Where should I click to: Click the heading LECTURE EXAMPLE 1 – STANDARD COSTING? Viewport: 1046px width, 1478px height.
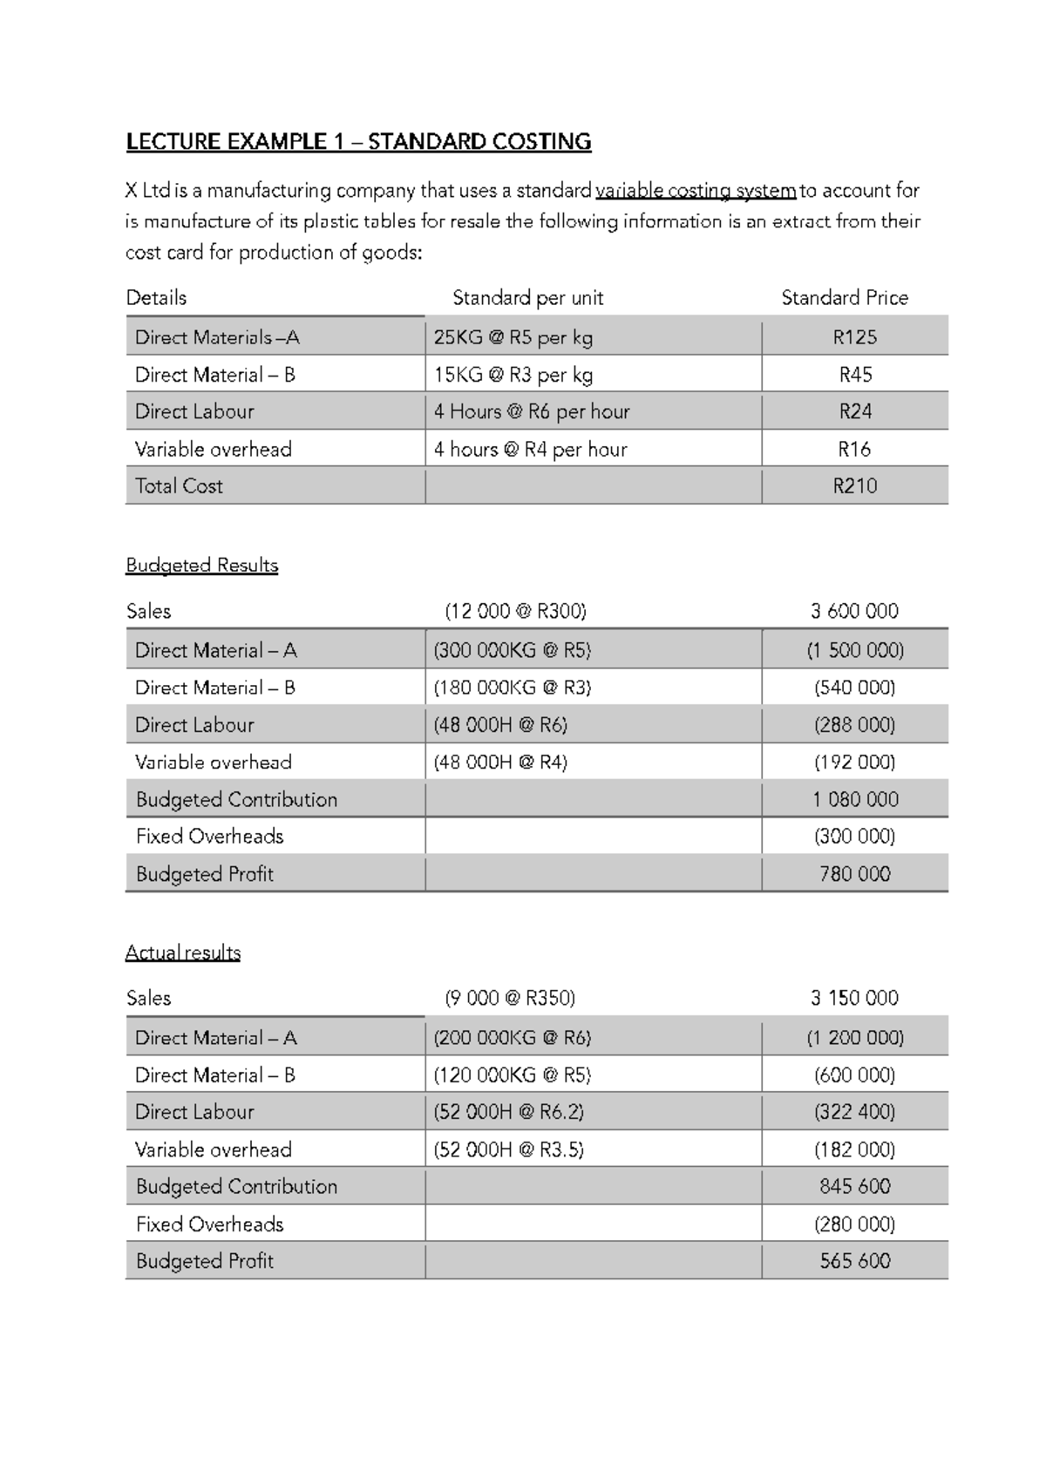click(358, 142)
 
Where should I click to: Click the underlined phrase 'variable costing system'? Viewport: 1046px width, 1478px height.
click(695, 191)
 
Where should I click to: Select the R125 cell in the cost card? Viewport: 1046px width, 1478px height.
click(854, 337)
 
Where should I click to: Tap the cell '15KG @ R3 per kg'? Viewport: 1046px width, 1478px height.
click(513, 375)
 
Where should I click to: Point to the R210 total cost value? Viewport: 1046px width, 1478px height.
click(854, 486)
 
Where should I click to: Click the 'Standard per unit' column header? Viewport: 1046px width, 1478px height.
click(527, 298)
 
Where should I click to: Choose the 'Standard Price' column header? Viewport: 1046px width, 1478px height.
click(844, 298)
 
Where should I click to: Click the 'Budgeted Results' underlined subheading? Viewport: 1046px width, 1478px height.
click(201, 566)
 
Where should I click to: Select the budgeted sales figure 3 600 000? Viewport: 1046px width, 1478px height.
click(853, 611)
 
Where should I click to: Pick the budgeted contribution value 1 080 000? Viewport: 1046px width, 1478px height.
click(854, 799)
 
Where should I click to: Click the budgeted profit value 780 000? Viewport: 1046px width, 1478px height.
click(854, 874)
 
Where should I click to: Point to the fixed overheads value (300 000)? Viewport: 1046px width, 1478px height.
click(854, 837)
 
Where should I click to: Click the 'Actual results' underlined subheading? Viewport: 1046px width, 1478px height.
click(182, 953)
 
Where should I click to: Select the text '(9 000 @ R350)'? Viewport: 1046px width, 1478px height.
click(510, 998)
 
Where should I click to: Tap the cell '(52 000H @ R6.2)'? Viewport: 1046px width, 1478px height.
click(508, 1112)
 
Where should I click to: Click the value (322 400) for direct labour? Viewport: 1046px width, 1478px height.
click(854, 1112)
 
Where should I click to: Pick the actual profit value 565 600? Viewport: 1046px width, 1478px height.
click(854, 1261)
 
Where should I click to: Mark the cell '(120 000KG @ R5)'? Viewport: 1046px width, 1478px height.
click(512, 1075)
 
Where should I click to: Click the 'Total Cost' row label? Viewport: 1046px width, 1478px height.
click(179, 486)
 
